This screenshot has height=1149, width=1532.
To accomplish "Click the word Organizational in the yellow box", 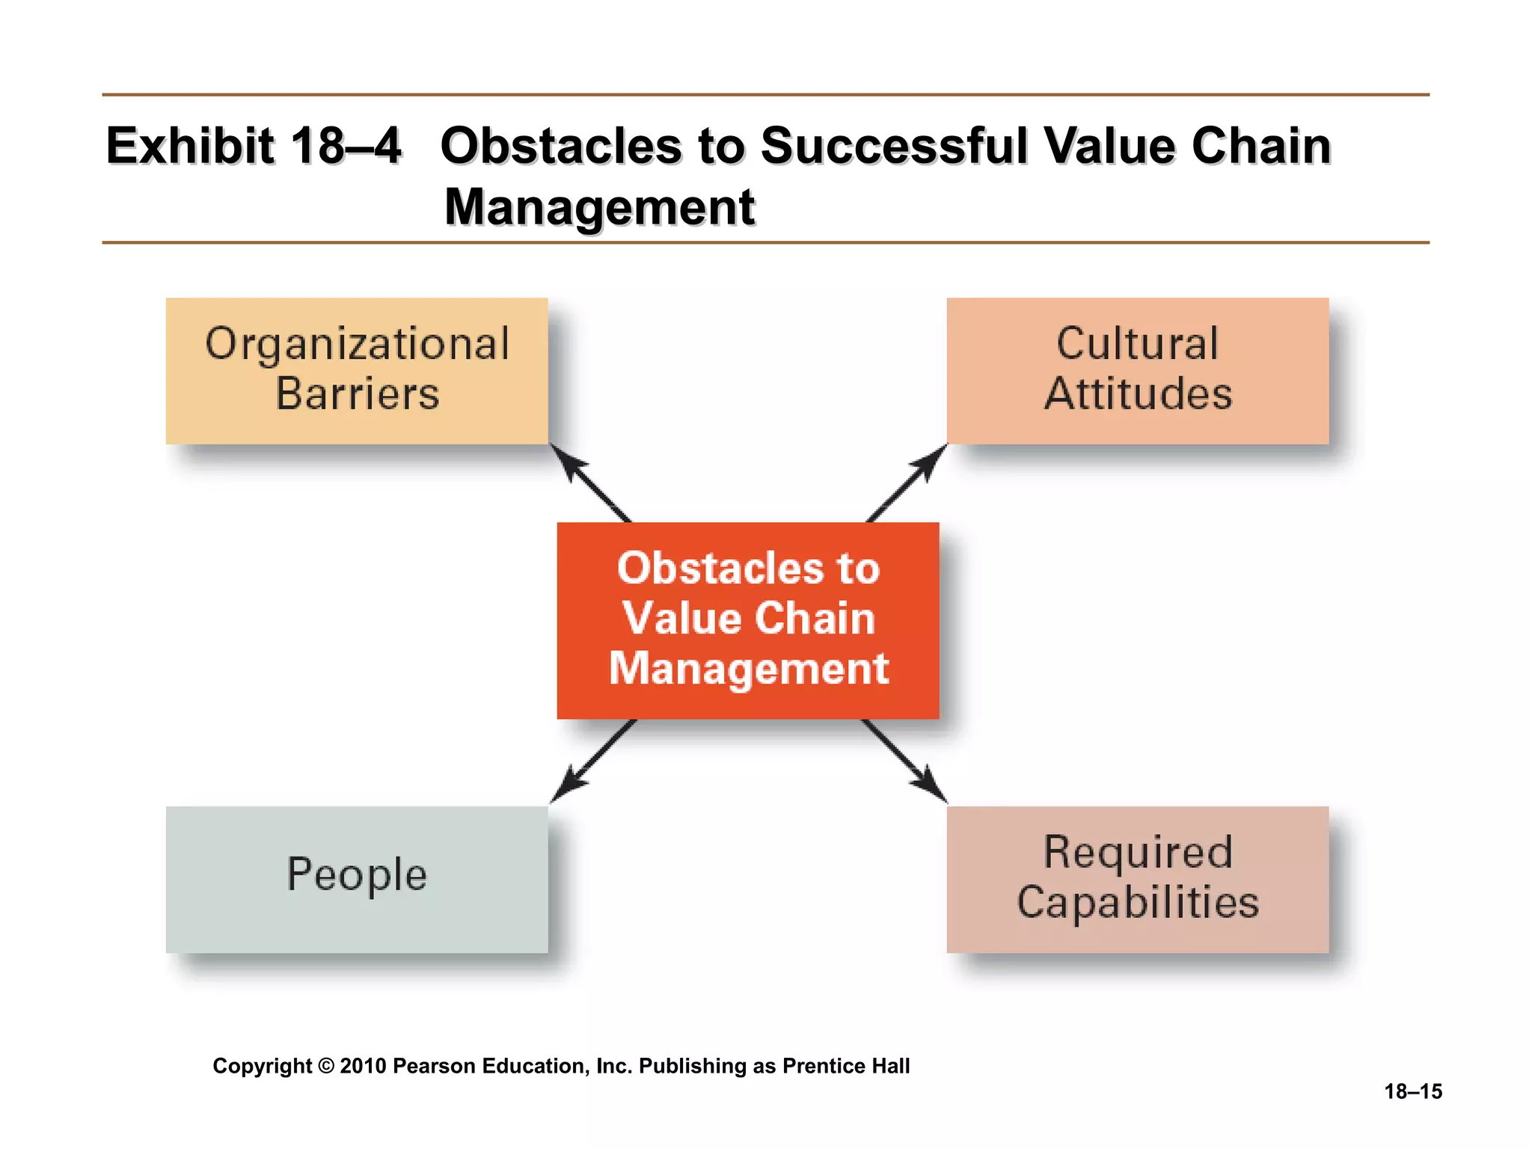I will tap(357, 346).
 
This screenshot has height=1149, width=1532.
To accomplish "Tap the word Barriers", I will tap(357, 394).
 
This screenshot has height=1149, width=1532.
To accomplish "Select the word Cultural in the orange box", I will tap(1137, 344).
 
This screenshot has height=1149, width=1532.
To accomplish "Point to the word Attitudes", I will tap(1138, 394).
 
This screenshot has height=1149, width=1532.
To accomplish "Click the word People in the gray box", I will tap(357, 874).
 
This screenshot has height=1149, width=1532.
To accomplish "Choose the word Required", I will tap(1137, 852).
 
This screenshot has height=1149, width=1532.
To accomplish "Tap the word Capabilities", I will tap(1137, 902).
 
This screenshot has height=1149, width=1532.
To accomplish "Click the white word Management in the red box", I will tap(748, 668).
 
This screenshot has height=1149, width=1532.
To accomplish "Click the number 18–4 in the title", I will tap(346, 146).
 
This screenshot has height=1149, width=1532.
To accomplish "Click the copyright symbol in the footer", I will tap(325, 1066).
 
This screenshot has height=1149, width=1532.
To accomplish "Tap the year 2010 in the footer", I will tap(363, 1066).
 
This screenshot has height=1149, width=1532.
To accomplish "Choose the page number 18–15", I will tap(1412, 1091).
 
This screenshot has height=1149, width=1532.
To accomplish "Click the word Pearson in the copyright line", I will tap(435, 1066).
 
